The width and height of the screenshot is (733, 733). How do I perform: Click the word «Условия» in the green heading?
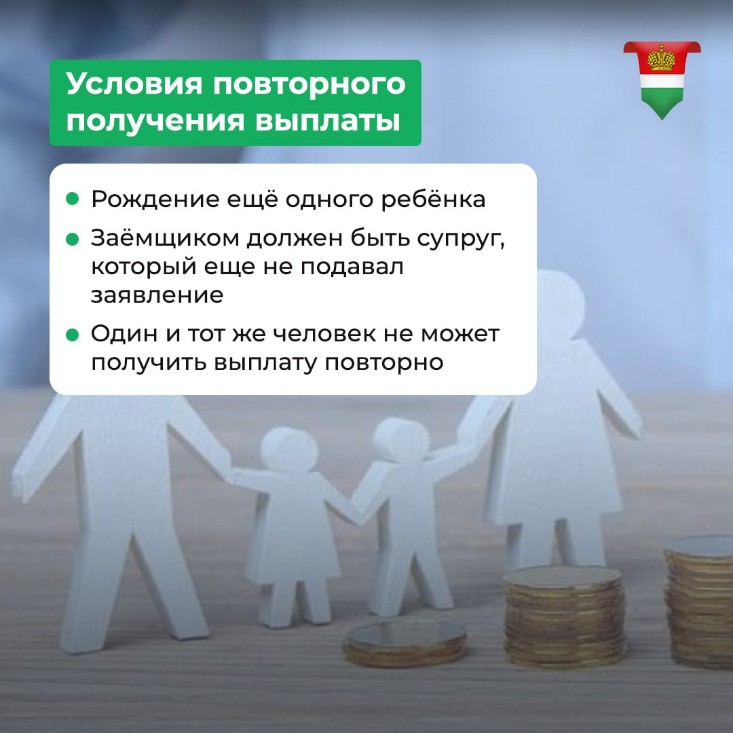(134, 84)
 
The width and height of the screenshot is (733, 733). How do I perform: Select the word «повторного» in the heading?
(309, 85)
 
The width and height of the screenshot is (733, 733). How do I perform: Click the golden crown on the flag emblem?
(662, 58)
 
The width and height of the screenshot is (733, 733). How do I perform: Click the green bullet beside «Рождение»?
(73, 199)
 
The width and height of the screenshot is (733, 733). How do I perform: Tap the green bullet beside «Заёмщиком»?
(73, 240)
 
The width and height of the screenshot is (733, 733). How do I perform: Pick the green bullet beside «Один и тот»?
(73, 335)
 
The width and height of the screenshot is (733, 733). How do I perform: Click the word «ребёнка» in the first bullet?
(433, 199)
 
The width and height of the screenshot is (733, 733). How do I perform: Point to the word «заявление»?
(157, 295)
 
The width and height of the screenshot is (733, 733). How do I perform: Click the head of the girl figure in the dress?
(289, 449)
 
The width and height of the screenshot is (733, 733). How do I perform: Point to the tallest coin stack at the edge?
(699, 601)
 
